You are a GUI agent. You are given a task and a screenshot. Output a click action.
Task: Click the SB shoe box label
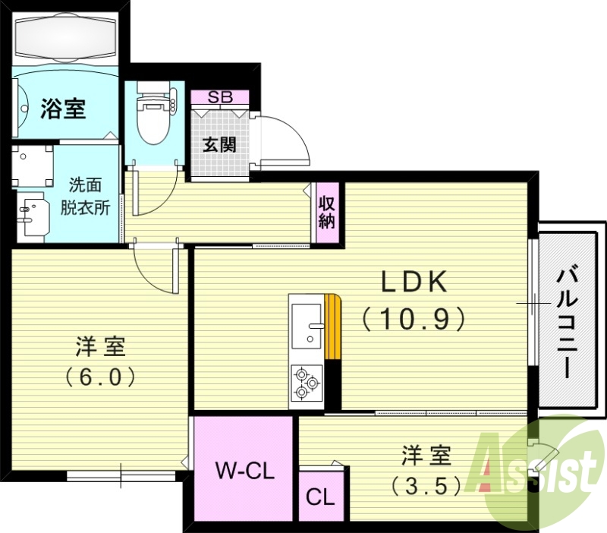220,96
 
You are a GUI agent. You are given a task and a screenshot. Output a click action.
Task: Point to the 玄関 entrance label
219,143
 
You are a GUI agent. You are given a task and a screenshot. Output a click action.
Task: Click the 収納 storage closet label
327,213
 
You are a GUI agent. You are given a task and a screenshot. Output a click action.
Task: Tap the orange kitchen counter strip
332,326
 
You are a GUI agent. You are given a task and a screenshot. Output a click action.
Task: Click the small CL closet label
319,497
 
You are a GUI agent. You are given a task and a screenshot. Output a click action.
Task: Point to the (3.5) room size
426,484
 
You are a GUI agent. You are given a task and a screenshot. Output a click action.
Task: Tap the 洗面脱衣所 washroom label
90,196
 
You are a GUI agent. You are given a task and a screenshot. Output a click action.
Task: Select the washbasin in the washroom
33,217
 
